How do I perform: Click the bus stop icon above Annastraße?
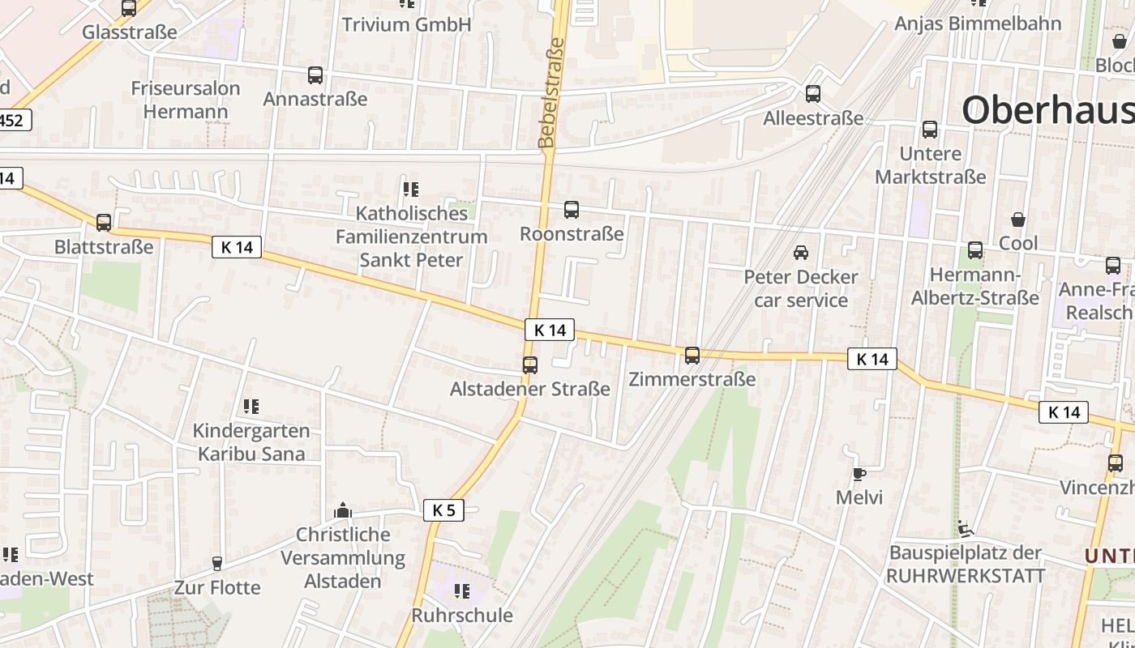click(x=315, y=75)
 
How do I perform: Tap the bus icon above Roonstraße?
click(x=572, y=210)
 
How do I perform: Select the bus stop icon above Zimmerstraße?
click(x=692, y=355)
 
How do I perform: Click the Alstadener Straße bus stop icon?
click(x=530, y=365)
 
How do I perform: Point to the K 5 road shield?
click(x=443, y=510)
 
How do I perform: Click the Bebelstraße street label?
click(x=551, y=93)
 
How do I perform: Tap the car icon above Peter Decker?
click(x=801, y=253)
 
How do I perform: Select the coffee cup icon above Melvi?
click(x=859, y=474)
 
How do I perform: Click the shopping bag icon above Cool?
click(x=1018, y=220)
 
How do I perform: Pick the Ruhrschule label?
click(x=462, y=615)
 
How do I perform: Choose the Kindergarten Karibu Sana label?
click(x=251, y=442)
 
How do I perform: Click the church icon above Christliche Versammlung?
click(x=343, y=510)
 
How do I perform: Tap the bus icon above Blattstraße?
click(x=104, y=223)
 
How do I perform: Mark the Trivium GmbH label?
click(x=406, y=24)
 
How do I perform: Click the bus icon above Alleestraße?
click(x=813, y=94)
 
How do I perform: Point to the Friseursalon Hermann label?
click(x=186, y=100)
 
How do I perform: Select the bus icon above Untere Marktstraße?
click(x=930, y=130)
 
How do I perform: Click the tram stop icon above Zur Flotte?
click(x=216, y=563)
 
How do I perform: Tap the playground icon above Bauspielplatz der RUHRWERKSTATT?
click(x=964, y=529)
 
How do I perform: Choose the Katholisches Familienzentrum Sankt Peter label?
click(x=412, y=237)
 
